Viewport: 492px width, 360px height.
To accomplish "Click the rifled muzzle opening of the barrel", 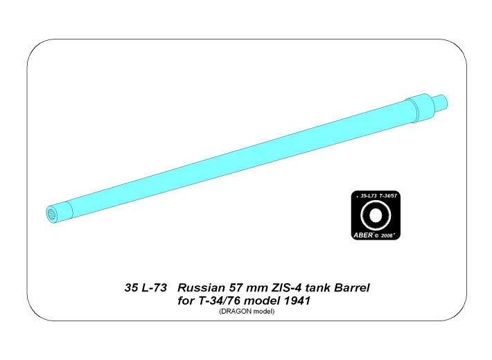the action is (x=51, y=215).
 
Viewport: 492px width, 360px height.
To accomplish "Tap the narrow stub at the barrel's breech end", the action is (x=441, y=102).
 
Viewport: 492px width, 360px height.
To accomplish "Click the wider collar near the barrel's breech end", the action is (x=421, y=107).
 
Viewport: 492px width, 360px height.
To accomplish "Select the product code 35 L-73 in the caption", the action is (x=146, y=288).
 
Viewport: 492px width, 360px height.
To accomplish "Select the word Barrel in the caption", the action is (x=352, y=288).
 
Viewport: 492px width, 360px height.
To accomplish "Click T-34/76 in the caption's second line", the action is (x=220, y=301).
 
